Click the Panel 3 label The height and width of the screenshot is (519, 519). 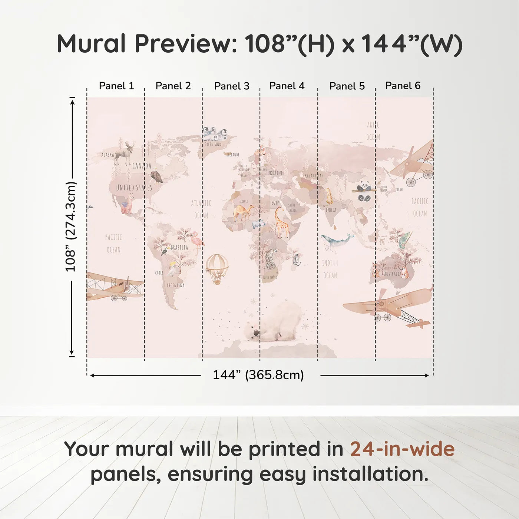point(232,86)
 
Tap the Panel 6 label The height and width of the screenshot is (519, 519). point(403,86)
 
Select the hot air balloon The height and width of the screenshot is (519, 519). point(217,268)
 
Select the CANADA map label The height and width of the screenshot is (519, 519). point(142,166)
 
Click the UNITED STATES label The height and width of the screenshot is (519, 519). point(134,188)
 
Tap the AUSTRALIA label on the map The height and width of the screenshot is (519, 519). point(393,274)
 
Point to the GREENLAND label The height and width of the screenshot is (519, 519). point(213,144)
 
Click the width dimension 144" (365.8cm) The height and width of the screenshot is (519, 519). point(258,375)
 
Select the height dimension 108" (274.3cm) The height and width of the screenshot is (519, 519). point(70,227)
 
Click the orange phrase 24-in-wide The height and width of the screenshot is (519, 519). point(402,449)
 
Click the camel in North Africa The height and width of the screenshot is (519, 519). point(244,213)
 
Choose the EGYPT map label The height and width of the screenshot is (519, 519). point(276,203)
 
